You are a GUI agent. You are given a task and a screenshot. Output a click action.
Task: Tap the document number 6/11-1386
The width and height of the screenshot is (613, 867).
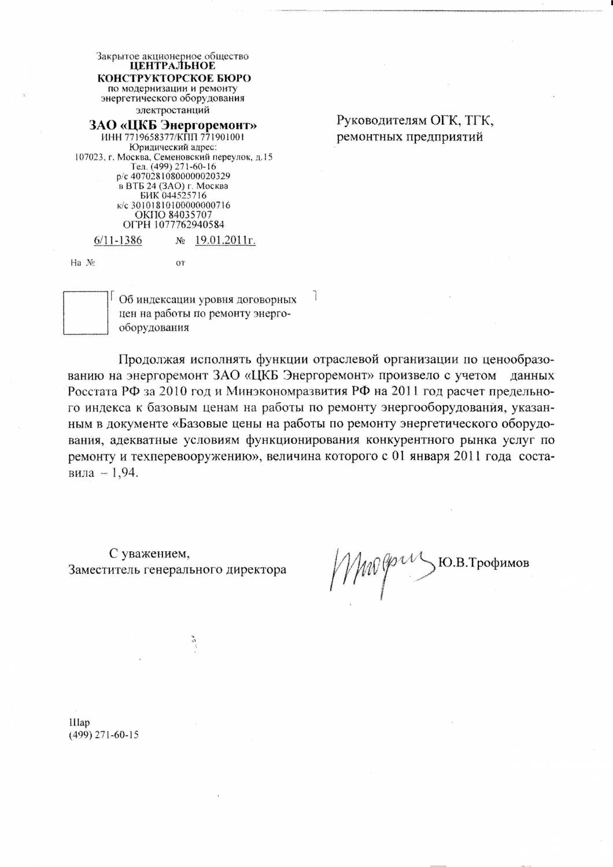118,240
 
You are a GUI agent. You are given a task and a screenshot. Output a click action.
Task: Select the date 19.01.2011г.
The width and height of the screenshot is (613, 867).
225,240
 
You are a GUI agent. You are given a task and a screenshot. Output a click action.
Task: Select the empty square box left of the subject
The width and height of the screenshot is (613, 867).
85,313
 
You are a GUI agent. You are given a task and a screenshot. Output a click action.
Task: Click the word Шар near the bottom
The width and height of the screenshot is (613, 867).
79,722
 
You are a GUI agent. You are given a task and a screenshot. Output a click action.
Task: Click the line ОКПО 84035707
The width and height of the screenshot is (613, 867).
173,214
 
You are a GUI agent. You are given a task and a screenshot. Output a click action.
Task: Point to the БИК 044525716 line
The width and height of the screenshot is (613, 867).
173,195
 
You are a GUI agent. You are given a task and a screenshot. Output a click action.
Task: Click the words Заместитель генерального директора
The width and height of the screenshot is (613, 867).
177,569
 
